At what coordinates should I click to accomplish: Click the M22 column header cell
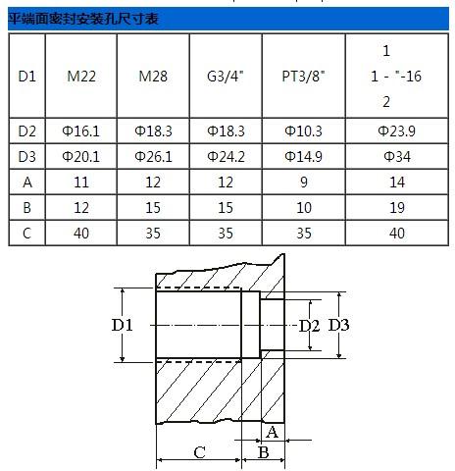click(81, 77)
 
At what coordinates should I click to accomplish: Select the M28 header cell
click(153, 77)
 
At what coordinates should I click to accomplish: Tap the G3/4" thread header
click(226, 77)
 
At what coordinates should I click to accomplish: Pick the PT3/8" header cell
click(304, 77)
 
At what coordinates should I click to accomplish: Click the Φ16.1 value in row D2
click(80, 131)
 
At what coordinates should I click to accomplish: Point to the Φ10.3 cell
click(304, 131)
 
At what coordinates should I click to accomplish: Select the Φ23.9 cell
click(397, 131)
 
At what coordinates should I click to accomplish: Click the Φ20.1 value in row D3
click(80, 157)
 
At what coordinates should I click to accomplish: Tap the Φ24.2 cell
click(226, 157)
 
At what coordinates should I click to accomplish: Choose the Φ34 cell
click(397, 157)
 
